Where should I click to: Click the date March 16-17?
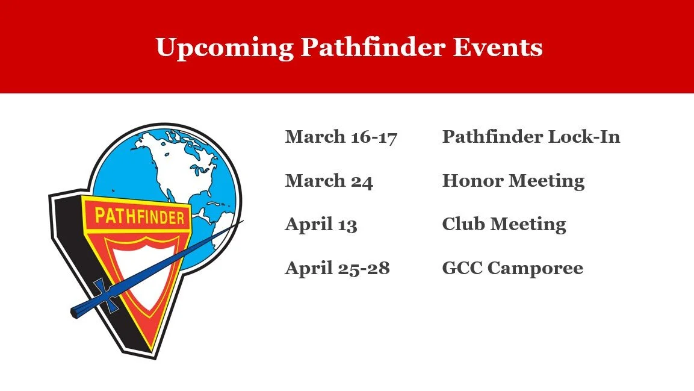(x=341, y=137)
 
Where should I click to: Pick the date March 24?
(x=329, y=181)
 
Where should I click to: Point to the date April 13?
(x=321, y=225)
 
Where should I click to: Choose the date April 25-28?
(x=337, y=268)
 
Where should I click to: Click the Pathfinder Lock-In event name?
(x=531, y=137)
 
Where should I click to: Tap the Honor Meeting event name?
(x=513, y=181)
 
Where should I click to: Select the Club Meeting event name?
(x=504, y=225)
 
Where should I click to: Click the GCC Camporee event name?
(x=512, y=268)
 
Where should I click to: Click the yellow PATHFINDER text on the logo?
(x=139, y=216)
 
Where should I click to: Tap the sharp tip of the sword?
(x=241, y=221)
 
